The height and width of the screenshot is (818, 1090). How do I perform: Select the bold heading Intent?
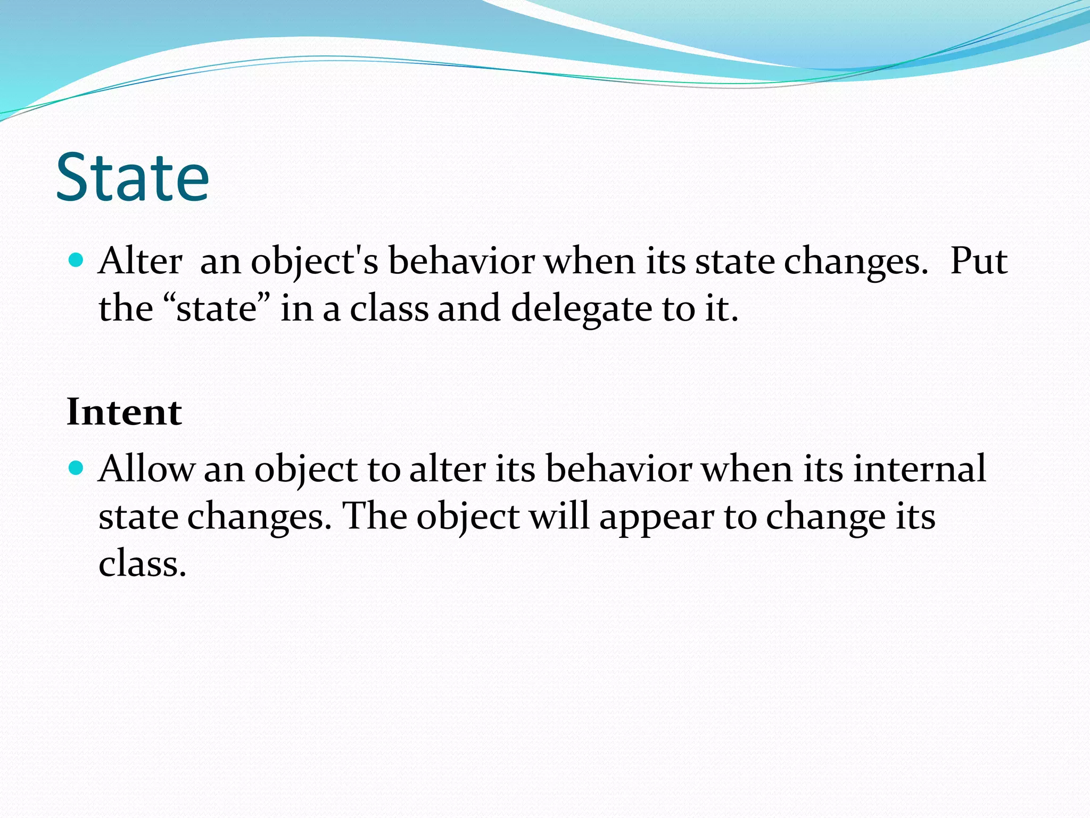click(124, 412)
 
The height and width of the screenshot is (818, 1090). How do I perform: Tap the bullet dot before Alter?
click(77, 260)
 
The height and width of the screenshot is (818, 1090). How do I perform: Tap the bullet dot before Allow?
click(77, 468)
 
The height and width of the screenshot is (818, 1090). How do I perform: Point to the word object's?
click(314, 262)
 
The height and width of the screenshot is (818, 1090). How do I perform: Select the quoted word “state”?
click(215, 309)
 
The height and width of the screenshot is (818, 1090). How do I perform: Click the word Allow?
click(146, 469)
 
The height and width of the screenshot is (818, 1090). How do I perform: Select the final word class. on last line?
click(143, 564)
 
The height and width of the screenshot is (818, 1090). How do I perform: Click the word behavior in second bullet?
click(618, 469)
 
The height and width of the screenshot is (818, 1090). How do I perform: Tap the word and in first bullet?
click(469, 309)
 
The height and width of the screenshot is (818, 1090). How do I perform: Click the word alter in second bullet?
click(447, 469)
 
